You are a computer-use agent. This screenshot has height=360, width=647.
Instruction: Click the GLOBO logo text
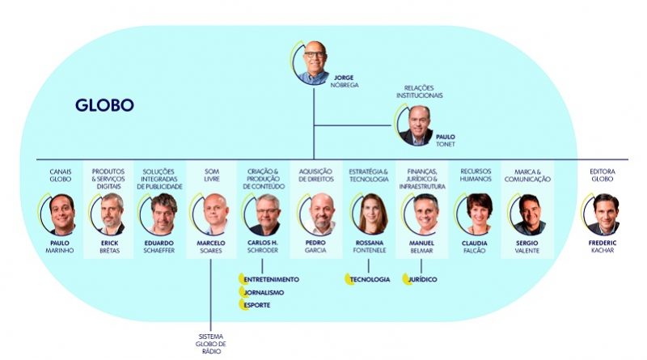coord(104,105)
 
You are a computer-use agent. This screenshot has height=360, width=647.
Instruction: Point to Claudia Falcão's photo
coord(477,214)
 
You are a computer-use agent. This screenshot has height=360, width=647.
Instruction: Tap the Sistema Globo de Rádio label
coord(210,344)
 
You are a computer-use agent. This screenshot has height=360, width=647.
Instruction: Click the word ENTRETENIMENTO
coord(271,279)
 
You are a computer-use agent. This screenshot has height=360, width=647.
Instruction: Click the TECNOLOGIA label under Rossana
coord(372,279)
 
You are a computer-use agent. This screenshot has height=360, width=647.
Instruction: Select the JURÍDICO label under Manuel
coord(422,279)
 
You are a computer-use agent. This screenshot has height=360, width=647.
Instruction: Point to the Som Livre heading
coord(210,175)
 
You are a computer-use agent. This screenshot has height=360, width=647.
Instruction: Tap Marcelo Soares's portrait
coord(211,214)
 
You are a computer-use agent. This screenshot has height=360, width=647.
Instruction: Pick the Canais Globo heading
coord(61,175)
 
